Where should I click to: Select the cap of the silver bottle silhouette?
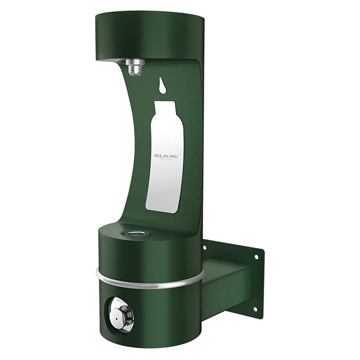click(164, 105)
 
